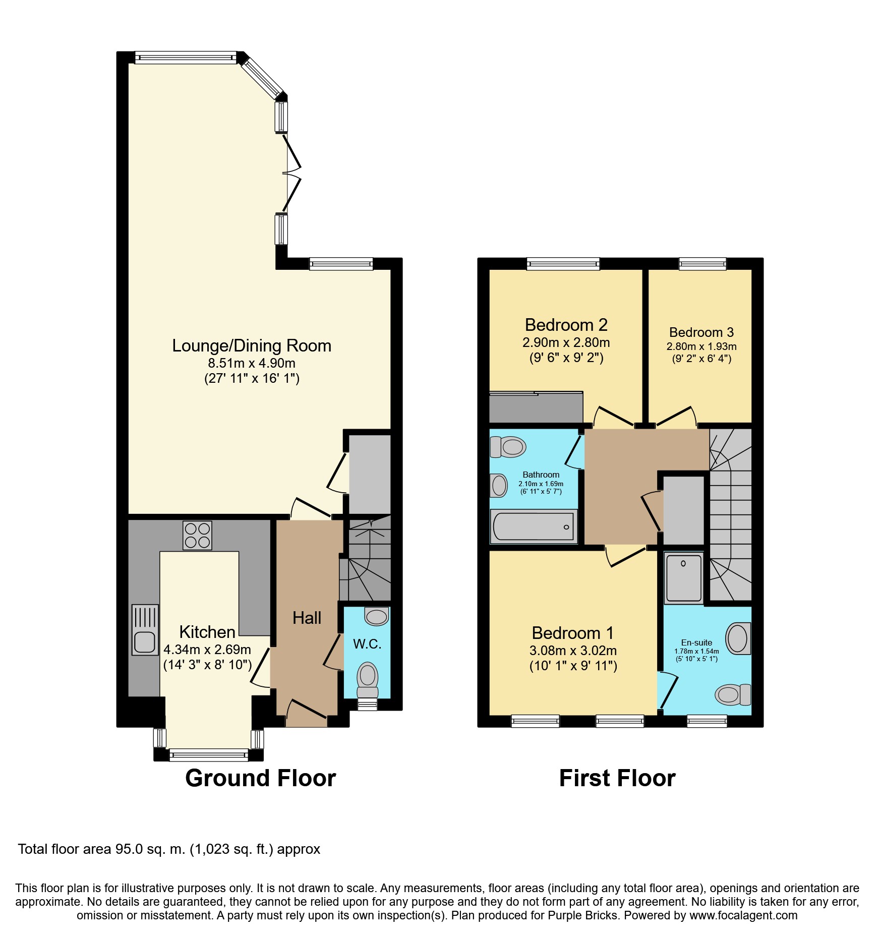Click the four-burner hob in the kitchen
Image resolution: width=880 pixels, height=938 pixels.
pos(197,535)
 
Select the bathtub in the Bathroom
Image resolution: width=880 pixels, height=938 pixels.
pos(534,526)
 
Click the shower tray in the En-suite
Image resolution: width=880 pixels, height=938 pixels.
pos(683,577)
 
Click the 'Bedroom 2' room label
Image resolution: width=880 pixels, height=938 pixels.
pos(566,325)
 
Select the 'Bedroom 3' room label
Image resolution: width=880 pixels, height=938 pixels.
pos(701,332)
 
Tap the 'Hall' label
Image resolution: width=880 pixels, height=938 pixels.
pos(307,618)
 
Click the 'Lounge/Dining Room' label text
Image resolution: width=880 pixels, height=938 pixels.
pos(252,345)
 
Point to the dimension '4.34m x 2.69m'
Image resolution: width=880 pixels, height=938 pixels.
pos(207,650)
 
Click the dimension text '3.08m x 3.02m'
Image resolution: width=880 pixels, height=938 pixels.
pos(573,651)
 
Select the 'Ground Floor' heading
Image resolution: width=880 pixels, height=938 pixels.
pos(260,778)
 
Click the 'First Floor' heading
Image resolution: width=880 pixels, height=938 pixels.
pos(617,778)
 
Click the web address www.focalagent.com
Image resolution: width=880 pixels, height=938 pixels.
pos(743,915)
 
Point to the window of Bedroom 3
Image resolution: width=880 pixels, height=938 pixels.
pos(702,263)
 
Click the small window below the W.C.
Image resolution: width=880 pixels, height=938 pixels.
pos(367,705)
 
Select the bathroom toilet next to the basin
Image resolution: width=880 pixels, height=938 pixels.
pos(508,446)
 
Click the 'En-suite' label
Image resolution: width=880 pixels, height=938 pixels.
pos(696,642)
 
